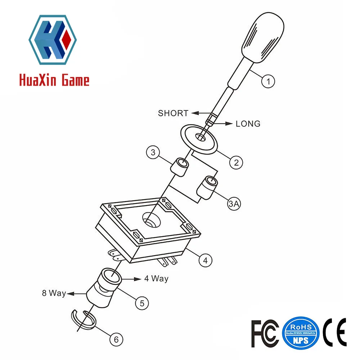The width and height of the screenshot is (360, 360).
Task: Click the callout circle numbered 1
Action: tap(268, 81)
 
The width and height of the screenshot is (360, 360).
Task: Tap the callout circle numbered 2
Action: tap(236, 162)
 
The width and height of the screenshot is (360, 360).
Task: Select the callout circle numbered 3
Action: tap(153, 153)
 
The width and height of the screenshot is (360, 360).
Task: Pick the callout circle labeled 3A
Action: tap(234, 204)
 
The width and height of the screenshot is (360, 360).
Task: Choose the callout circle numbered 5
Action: tap(142, 303)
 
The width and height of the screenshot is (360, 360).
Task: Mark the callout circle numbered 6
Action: tap(116, 339)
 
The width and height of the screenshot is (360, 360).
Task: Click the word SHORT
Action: tap(173, 113)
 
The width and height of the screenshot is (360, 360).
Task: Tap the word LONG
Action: tap(248, 124)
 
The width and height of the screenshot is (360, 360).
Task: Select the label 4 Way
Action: tap(156, 279)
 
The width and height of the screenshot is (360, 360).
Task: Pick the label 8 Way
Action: tap(54, 293)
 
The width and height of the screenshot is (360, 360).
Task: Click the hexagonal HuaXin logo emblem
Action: tap(53, 40)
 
